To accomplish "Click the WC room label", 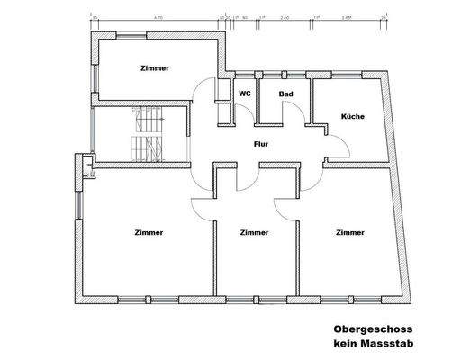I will click(x=243, y=94).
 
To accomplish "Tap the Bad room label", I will click(x=285, y=94).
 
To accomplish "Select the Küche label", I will click(x=352, y=116).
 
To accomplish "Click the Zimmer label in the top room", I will click(x=154, y=68).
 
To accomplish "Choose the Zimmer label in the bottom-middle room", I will click(x=256, y=232).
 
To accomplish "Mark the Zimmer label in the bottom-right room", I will click(x=349, y=232).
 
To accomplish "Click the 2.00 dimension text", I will click(x=285, y=16).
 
